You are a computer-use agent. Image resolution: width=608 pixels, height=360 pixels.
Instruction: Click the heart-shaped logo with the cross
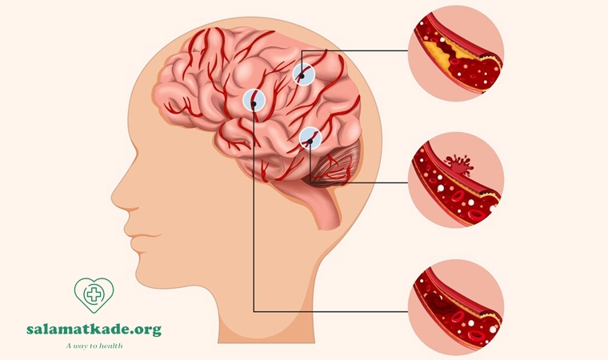point(94,295)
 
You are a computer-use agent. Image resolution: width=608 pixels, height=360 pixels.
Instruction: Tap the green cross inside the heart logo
point(94,294)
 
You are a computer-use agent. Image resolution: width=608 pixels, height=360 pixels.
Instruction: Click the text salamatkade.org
point(94,330)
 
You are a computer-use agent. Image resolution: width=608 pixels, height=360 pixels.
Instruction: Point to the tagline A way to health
point(94,346)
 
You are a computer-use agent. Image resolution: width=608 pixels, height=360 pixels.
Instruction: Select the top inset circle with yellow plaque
point(456,53)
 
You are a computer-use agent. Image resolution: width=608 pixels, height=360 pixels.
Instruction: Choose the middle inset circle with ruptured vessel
point(456,180)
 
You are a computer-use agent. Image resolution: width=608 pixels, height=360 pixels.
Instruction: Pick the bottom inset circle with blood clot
point(456,307)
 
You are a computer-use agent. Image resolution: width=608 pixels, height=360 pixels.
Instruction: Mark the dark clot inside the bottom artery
point(440,302)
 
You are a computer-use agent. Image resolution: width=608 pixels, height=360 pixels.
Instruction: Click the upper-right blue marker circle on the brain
point(303,74)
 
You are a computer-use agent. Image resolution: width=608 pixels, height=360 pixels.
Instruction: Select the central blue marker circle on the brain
point(254,100)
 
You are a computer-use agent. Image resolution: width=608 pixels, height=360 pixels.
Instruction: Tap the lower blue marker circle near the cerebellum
point(310,138)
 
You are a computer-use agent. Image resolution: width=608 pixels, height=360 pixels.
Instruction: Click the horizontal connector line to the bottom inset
point(330,311)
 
